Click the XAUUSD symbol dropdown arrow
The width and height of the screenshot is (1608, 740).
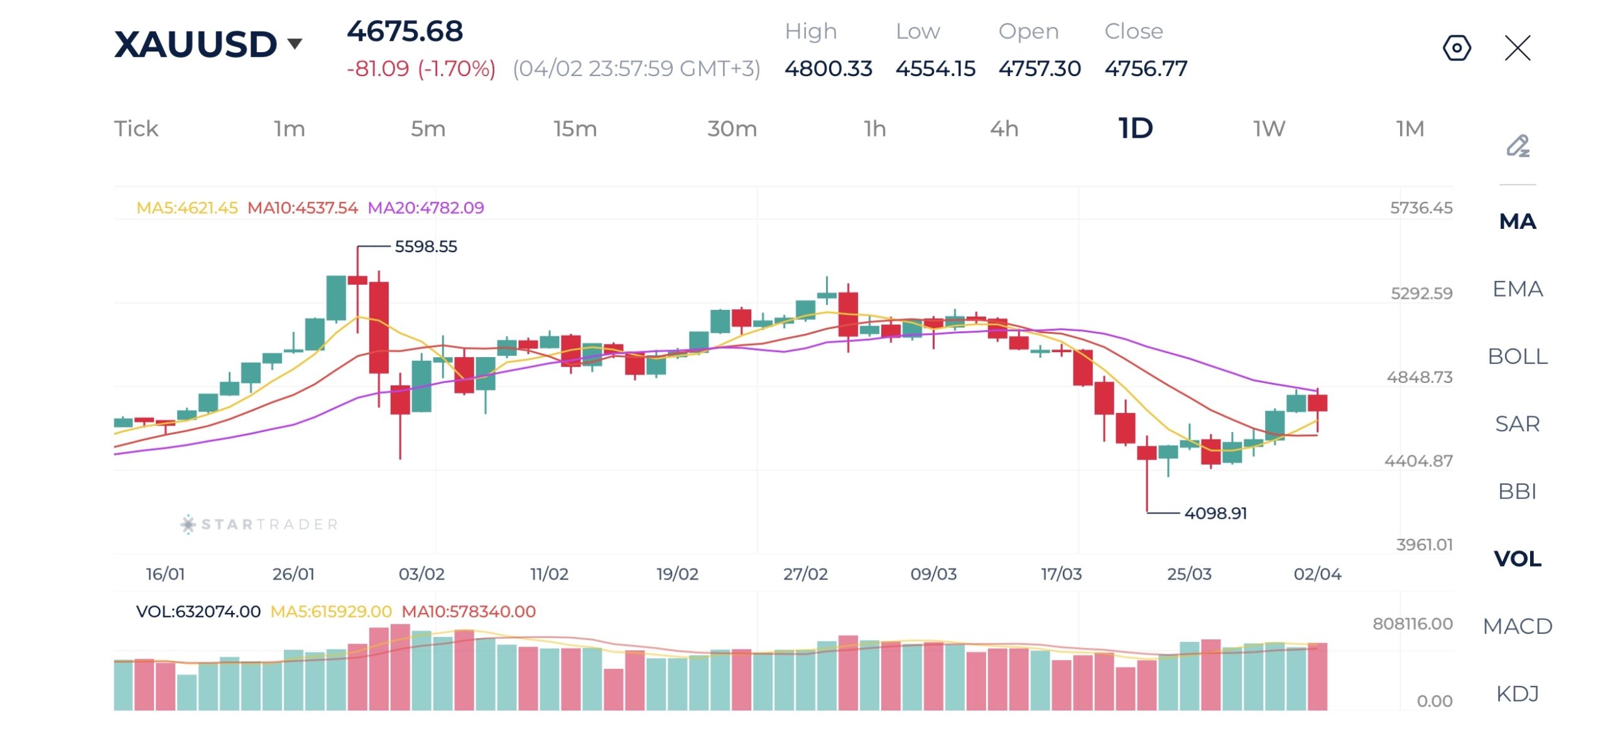[295, 44]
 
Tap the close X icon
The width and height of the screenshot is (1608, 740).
[1518, 48]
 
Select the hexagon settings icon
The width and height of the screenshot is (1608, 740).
[1457, 48]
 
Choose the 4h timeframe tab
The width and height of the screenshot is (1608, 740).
[1004, 129]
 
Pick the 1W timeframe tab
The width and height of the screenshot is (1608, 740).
[1269, 129]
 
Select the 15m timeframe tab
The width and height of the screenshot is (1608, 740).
[575, 129]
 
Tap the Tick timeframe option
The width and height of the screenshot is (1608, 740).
[136, 129]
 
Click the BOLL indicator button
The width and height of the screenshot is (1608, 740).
[1518, 356]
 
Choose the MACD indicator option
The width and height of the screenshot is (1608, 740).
[1518, 626]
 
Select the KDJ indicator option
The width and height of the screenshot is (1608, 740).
[1518, 693]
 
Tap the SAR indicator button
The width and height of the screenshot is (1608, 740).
[1518, 424]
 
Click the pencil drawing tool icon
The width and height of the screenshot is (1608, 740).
[1518, 146]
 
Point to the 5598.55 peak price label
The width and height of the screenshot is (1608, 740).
[426, 246]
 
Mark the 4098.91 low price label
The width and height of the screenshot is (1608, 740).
[1215, 514]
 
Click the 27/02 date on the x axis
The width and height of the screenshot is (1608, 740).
[805, 574]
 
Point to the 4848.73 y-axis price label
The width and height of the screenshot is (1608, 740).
[1420, 377]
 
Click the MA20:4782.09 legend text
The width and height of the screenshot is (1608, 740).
[426, 208]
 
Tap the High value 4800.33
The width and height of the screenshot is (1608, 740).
[828, 69]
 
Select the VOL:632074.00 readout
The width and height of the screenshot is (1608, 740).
[198, 612]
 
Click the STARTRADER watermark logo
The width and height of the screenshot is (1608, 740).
[259, 524]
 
